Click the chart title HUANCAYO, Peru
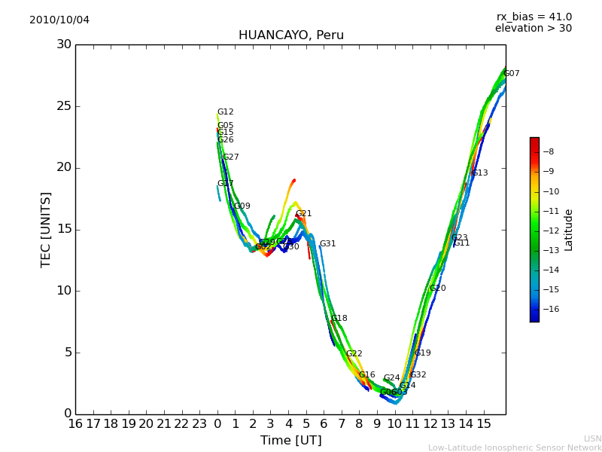[290, 35]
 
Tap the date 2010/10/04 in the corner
[59, 20]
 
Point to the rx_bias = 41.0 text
[534, 17]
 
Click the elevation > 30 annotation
[533, 29]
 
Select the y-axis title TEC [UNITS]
[47, 229]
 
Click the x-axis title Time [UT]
[290, 440]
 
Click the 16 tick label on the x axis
[75, 424]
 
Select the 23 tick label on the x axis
[199, 424]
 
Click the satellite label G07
[512, 74]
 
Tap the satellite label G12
[226, 112]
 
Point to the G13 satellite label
[480, 173]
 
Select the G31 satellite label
[328, 244]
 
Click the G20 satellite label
[438, 289]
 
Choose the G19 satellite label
[423, 353]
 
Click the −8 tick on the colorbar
[549, 151]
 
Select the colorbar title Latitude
[569, 230]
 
